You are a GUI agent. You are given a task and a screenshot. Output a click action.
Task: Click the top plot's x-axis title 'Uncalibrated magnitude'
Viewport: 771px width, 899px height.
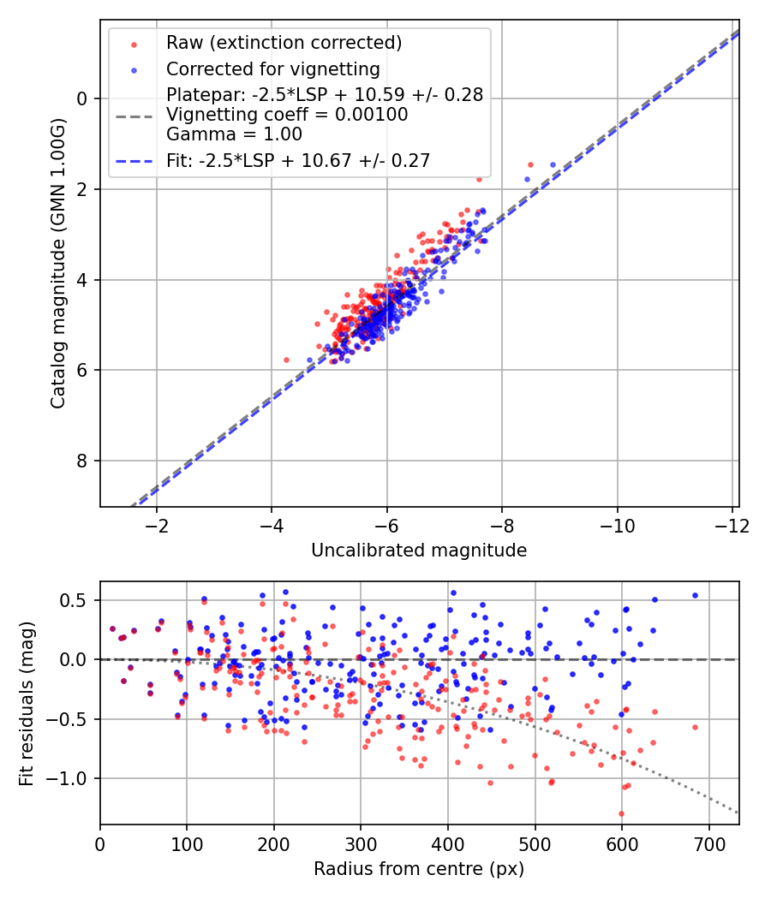419,551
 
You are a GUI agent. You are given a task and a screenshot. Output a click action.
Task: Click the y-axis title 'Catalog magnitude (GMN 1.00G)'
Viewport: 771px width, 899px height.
57,264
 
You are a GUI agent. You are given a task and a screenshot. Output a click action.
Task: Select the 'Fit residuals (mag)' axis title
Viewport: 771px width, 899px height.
27,704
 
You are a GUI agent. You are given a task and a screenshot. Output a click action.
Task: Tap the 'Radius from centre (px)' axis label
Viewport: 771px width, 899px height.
419,869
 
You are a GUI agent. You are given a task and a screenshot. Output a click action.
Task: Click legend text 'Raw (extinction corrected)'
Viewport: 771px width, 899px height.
284,43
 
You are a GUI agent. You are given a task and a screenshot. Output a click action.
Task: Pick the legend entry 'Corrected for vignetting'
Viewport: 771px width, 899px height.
273,69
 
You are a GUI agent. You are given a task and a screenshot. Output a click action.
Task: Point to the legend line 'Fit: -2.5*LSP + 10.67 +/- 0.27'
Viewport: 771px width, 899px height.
298,161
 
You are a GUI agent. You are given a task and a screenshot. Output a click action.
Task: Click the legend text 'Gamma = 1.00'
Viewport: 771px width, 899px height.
234,134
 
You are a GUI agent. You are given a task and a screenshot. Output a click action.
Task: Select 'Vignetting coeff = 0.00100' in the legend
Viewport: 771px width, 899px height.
287,115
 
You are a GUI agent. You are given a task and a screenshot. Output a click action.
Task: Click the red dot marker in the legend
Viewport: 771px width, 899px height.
134,45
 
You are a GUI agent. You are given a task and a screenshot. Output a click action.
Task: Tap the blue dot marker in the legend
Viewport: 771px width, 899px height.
134,70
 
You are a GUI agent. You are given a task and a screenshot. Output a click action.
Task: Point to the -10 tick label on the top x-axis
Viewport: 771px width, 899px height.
618,525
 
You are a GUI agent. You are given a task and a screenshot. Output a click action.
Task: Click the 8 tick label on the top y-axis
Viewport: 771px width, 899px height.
81,461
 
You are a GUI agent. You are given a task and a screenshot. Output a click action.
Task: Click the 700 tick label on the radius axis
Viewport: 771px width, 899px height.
709,844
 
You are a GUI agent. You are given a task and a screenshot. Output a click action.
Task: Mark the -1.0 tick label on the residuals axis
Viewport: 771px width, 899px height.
73,778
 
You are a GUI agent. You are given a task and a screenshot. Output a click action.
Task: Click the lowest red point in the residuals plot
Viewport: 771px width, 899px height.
621,813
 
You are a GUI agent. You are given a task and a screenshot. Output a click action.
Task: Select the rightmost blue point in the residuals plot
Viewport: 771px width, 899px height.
696,596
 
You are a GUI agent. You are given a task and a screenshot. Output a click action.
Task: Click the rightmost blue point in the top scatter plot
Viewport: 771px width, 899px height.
553,164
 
